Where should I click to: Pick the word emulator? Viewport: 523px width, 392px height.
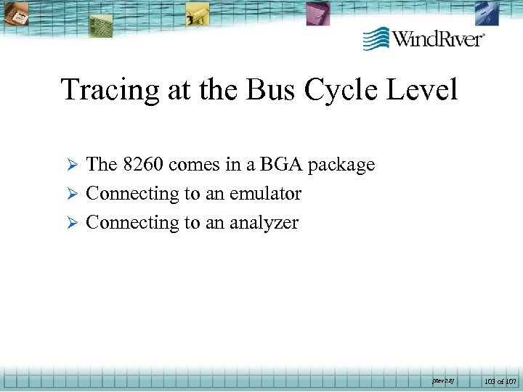click(265, 194)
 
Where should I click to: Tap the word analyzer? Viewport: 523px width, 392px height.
click(264, 224)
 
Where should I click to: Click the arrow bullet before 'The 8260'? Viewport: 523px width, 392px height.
click(72, 166)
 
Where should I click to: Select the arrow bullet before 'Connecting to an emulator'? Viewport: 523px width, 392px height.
click(72, 195)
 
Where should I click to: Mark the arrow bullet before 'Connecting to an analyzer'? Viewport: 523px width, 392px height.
click(72, 224)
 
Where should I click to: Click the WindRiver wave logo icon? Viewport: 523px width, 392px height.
click(376, 38)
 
